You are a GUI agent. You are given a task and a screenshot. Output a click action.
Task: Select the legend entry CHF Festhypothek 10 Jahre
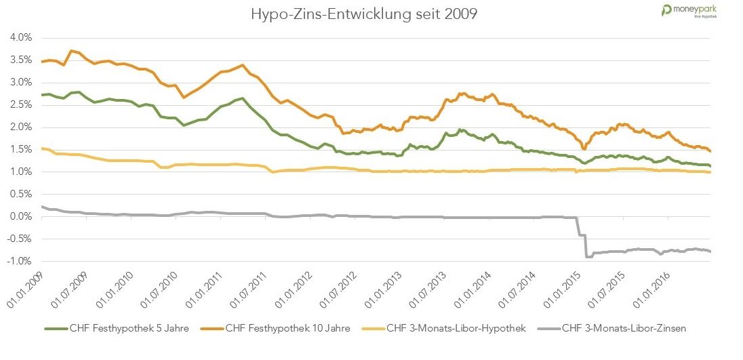tap(288, 329)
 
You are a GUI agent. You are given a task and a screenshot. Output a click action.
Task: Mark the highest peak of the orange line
tap(71, 51)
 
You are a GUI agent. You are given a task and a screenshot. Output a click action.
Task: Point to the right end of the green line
tap(710, 165)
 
